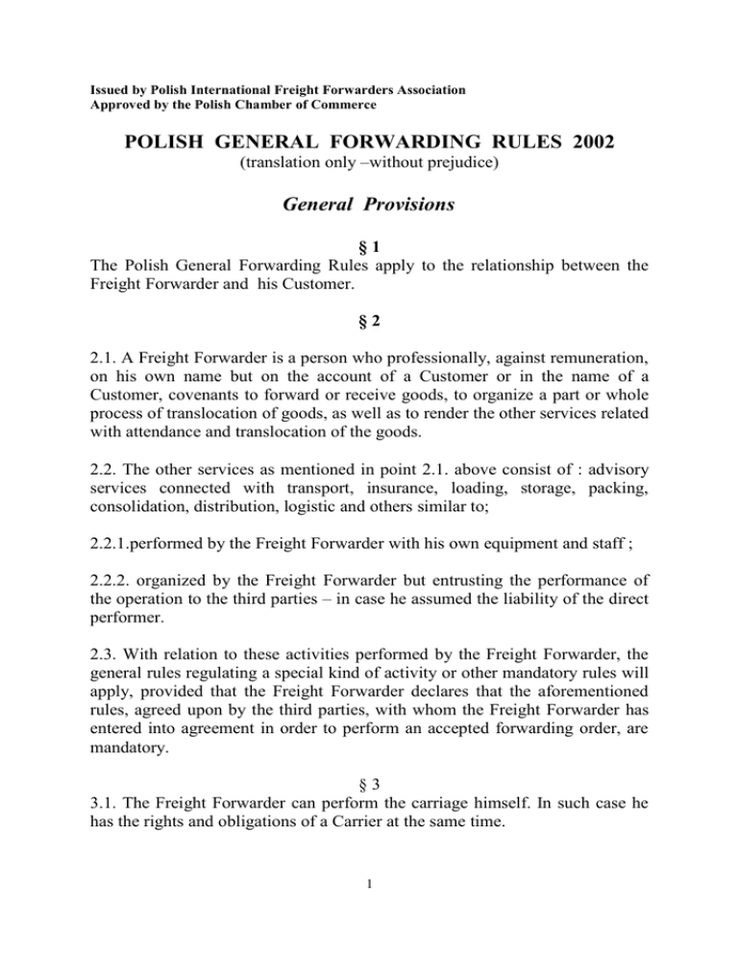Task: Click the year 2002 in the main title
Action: point(583,143)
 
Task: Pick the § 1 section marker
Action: point(368,269)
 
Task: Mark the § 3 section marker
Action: point(368,773)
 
